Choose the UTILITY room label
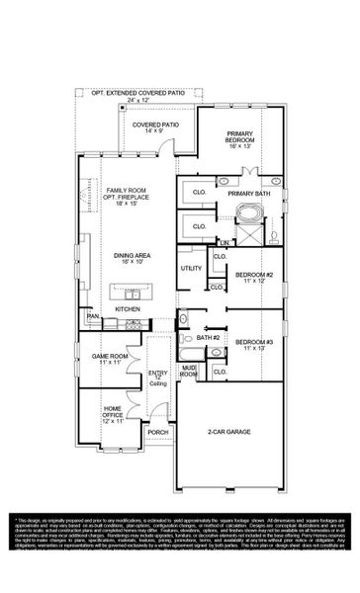[191, 268]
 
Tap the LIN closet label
[225, 242]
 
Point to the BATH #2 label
[207, 339]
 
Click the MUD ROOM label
[188, 373]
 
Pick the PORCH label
[158, 432]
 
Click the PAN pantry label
[93, 317]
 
